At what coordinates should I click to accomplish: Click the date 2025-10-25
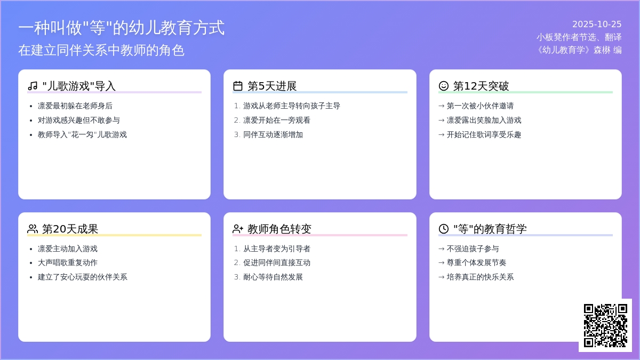point(597,24)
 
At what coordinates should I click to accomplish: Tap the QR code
point(605,325)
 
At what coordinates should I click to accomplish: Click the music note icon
point(33,86)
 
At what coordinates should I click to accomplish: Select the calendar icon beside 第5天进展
point(238,86)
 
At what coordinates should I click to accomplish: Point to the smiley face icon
point(444,86)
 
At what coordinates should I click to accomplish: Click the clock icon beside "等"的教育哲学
point(444,229)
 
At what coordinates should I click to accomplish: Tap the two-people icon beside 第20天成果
point(33,229)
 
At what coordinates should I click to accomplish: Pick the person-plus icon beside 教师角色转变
point(238,229)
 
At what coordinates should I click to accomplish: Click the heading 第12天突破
point(481,86)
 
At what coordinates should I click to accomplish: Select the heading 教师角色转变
point(279,229)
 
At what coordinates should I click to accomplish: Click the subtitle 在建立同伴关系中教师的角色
point(101,50)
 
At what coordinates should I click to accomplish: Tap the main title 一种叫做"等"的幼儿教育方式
point(122,28)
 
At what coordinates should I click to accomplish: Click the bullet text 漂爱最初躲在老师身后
point(75,106)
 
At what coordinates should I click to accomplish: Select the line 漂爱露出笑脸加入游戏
point(484,120)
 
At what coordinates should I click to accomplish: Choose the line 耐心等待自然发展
point(273,277)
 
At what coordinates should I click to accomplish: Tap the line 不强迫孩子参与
point(473,249)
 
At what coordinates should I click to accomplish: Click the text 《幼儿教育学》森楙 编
point(579,50)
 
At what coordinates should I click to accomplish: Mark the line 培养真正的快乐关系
point(480,277)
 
